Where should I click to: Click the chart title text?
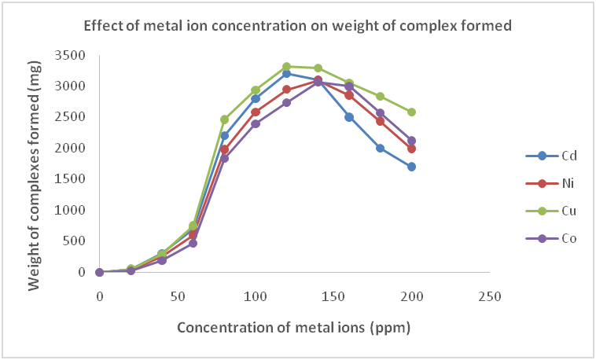(298, 26)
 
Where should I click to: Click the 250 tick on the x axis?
(490, 296)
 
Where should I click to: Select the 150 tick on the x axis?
(333, 296)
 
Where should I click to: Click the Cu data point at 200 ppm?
(411, 112)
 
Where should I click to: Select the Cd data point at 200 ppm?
(411, 167)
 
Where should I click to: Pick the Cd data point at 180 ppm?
(380, 148)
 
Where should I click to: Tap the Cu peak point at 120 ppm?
(286, 67)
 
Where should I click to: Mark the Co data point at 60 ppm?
(193, 244)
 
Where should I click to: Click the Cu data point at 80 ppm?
(224, 119)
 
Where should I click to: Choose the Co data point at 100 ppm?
(256, 123)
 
